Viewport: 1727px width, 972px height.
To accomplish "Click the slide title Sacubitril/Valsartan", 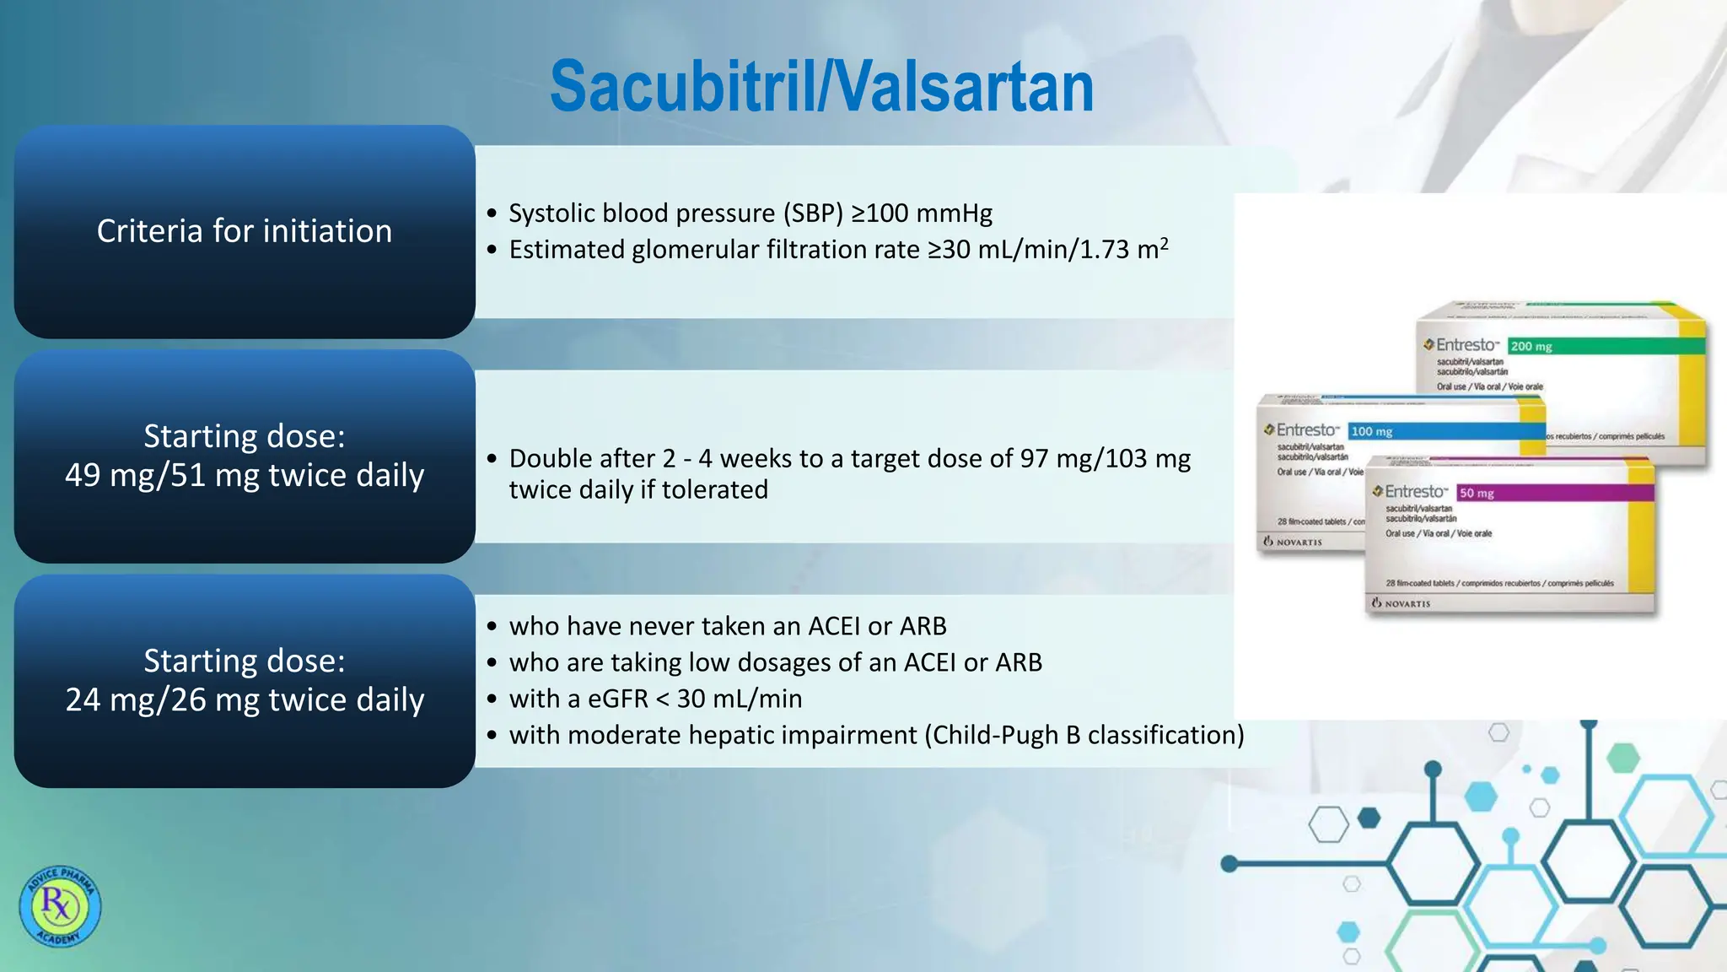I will pyautogui.click(x=821, y=87).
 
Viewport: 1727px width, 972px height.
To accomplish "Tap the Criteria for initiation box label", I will pyautogui.click(x=245, y=231).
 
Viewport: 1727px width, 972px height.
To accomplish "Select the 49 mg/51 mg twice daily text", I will pyautogui.click(x=245, y=475).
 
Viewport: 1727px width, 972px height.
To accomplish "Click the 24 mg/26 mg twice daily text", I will pyautogui.click(x=245, y=699).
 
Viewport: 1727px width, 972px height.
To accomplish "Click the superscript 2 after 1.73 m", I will pyautogui.click(x=1164, y=243).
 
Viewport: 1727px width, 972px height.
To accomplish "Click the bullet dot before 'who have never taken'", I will pyautogui.click(x=492, y=627).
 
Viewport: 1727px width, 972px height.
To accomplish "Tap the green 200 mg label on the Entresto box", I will pyautogui.click(x=1531, y=347).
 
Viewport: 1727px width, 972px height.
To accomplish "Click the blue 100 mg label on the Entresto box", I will pyautogui.click(x=1372, y=432).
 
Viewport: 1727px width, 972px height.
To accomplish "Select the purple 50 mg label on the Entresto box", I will pyautogui.click(x=1477, y=494).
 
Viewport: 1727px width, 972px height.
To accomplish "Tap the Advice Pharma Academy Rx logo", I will pyautogui.click(x=60, y=906).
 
